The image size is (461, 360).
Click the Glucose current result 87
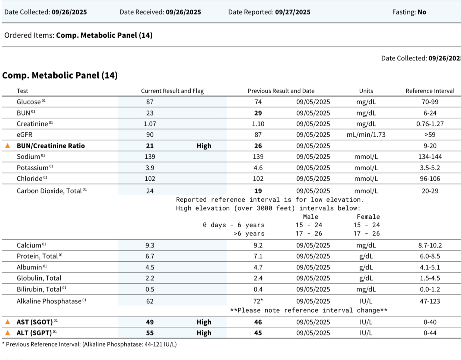click(x=150, y=102)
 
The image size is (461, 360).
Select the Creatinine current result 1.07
click(x=150, y=124)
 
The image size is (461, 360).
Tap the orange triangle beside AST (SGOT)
click(x=7, y=322)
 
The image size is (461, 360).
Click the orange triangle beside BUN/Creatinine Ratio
click(x=7, y=146)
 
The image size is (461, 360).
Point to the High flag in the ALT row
click(x=204, y=333)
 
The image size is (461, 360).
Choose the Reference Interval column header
click(x=430, y=91)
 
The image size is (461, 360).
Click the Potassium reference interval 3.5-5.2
click(x=430, y=168)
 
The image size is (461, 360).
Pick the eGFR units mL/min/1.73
click(x=366, y=135)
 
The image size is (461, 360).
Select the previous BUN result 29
click(x=258, y=113)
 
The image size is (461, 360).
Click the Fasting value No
click(x=422, y=12)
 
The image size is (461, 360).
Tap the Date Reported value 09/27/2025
click(x=293, y=12)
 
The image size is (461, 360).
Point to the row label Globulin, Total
click(x=39, y=278)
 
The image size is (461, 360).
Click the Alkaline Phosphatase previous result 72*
click(x=258, y=301)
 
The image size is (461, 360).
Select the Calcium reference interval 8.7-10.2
click(x=430, y=245)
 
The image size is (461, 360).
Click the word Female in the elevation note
click(x=368, y=217)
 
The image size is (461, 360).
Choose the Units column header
click(x=366, y=91)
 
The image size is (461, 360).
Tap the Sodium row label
click(x=28, y=157)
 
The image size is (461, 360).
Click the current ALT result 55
click(x=150, y=333)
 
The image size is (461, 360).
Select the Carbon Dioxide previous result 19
click(x=258, y=191)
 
